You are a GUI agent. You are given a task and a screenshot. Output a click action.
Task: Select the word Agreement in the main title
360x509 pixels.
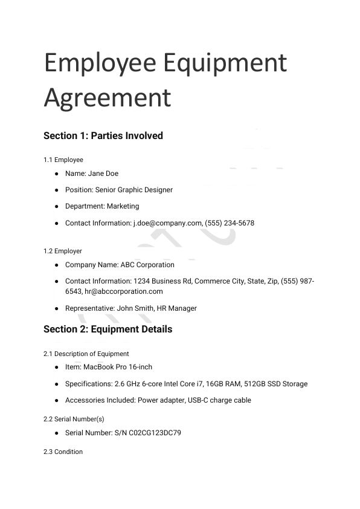tap(108, 97)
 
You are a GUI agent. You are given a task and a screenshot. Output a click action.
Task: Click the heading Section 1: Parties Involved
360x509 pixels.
tap(103, 135)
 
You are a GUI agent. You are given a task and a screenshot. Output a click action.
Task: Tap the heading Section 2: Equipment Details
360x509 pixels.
tap(108, 329)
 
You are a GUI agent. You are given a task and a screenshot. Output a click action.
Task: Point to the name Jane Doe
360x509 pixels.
tap(103, 173)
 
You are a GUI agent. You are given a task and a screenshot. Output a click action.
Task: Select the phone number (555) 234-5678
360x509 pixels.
tap(230, 223)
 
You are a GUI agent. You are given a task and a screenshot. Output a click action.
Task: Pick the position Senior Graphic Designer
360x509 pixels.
tap(134, 190)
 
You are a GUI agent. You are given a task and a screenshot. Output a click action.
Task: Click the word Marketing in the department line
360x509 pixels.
tap(123, 206)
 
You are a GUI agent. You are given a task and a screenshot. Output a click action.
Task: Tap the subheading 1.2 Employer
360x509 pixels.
tap(63, 251)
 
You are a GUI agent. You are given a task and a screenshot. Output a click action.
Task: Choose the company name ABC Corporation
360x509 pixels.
tap(147, 265)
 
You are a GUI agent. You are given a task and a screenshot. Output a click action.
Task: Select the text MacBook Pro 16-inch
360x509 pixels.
tap(118, 367)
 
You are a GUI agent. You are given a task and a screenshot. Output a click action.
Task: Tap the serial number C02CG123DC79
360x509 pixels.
tap(155, 433)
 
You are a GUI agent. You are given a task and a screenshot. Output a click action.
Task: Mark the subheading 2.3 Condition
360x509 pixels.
tap(63, 452)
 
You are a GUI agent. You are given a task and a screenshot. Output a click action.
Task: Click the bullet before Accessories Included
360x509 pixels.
tap(56, 400)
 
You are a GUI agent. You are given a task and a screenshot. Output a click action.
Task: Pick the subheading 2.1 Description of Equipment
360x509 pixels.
tap(86, 354)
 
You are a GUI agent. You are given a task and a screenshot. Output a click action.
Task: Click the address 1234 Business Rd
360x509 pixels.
tap(167, 281)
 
